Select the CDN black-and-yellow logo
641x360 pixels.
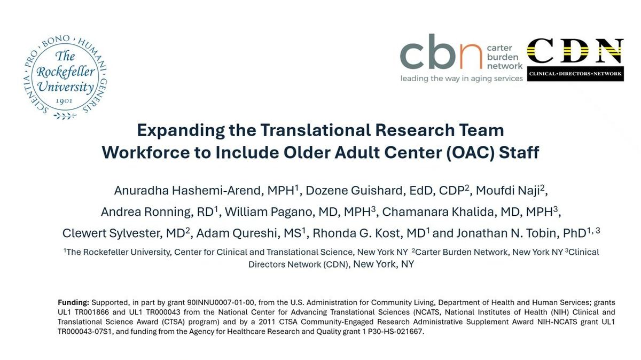575,59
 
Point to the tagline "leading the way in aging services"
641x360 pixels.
462,79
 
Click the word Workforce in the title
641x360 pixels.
146,152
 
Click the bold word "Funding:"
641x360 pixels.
74,302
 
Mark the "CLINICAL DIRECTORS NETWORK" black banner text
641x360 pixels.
575,74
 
